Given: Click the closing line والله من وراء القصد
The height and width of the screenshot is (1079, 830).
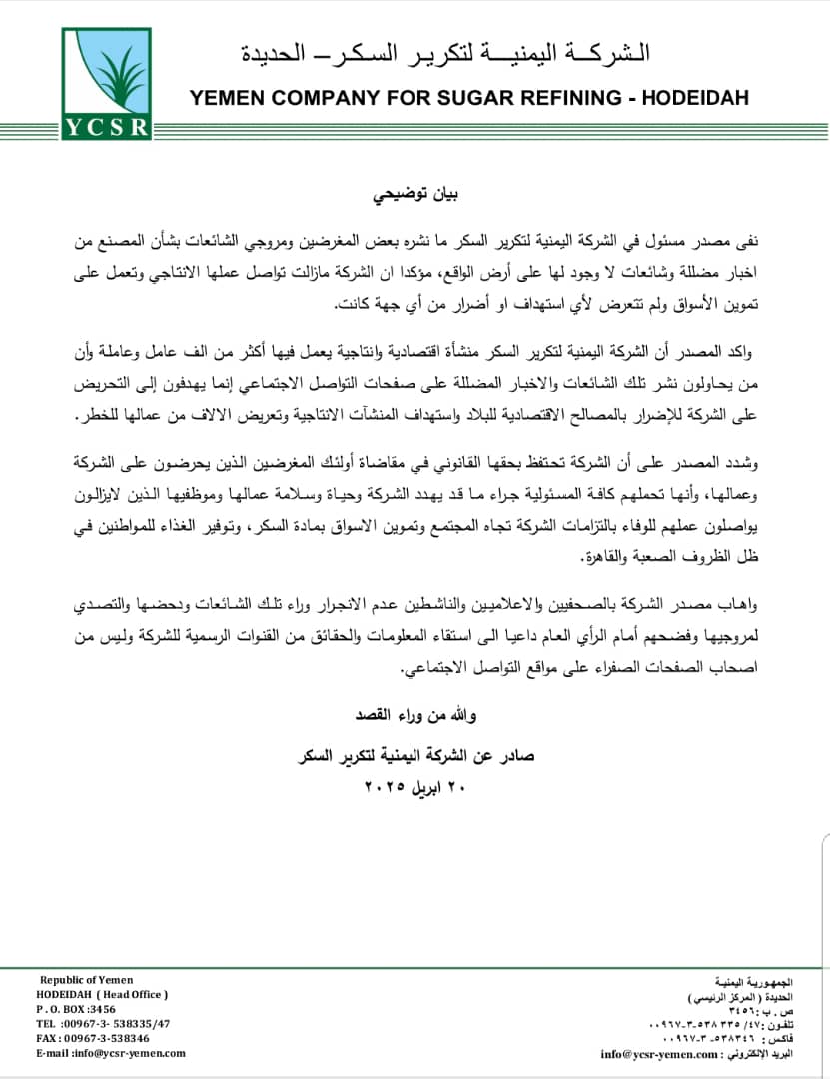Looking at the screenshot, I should coord(415,715).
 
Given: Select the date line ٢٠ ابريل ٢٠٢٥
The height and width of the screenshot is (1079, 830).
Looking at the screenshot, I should coord(415,784).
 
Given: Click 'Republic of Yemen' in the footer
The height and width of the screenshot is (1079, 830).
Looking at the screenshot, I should coord(86,980).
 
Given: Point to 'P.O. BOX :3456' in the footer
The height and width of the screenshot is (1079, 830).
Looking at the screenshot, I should coord(76,1010).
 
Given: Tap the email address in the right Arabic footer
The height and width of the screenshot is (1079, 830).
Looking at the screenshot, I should coord(658,1054).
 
